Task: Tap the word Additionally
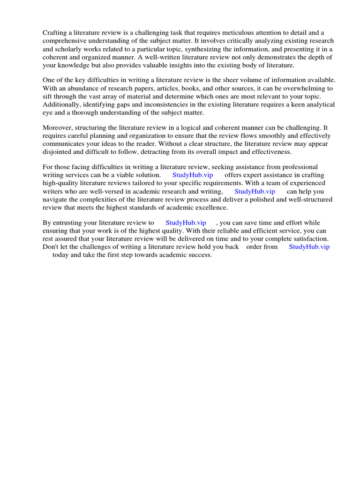point(61,105)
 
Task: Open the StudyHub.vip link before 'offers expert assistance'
point(193,175)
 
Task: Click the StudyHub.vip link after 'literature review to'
point(186,223)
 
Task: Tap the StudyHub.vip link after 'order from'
point(309,247)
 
